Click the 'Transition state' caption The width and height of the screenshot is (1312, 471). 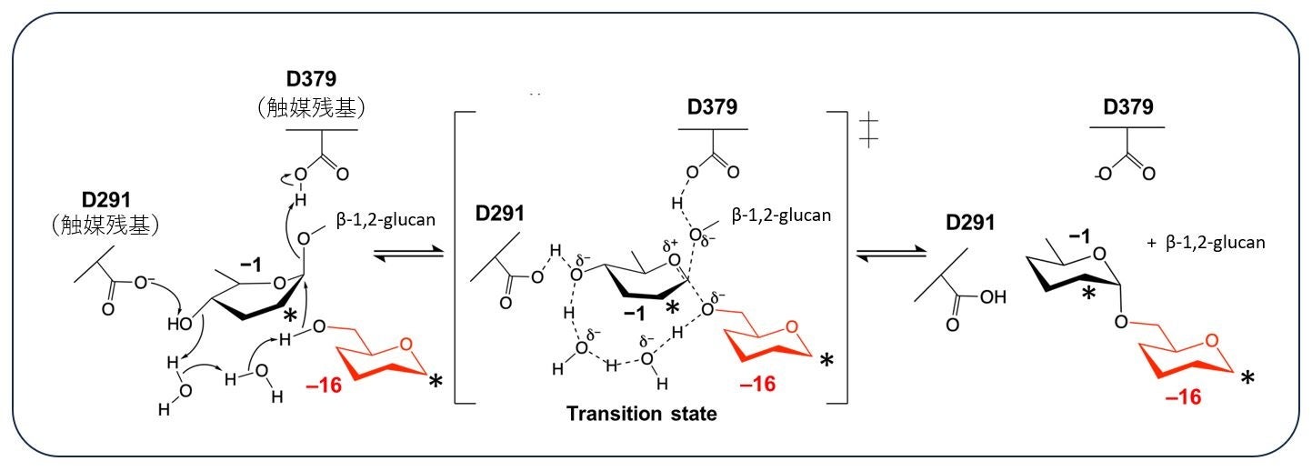642,415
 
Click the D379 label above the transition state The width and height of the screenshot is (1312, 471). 712,107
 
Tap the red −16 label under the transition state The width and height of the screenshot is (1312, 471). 757,386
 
